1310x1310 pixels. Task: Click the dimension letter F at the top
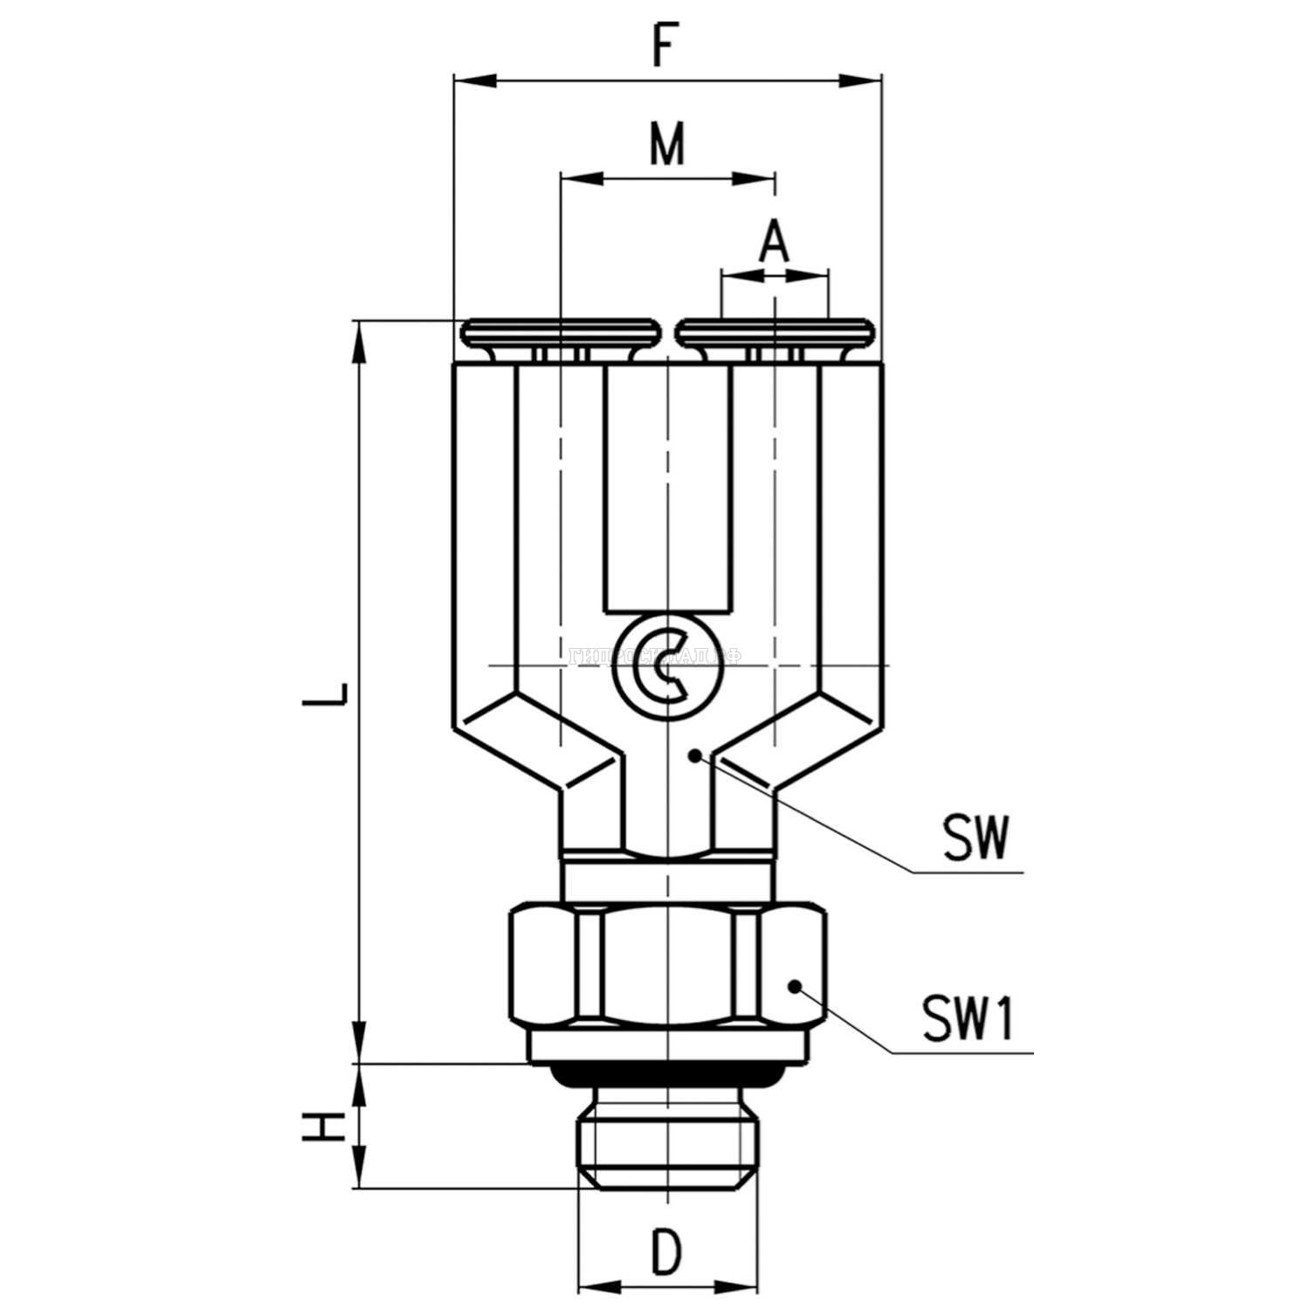[665, 47]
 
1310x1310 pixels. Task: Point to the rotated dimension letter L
[331, 692]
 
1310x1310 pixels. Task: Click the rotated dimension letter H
[322, 1127]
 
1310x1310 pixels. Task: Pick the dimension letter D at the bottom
[665, 1251]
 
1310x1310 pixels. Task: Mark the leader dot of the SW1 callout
[795, 986]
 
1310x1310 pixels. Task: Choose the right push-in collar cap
[776, 334]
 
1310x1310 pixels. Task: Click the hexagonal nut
[667, 966]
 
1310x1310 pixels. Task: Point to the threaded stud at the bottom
[667, 1136]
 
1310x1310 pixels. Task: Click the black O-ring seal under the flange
[667, 1076]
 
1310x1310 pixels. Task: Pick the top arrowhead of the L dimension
[359, 341]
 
